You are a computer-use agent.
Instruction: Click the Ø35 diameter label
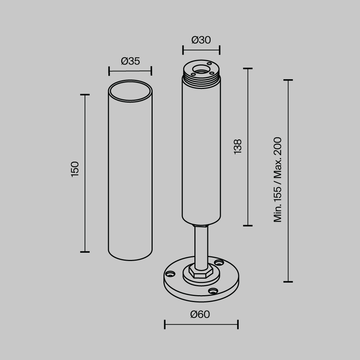click(x=130, y=61)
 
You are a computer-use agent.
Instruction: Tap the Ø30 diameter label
click(x=201, y=40)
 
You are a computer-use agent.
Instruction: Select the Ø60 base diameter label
click(x=200, y=314)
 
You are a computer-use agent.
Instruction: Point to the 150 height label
click(x=75, y=169)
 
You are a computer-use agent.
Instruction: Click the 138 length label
click(x=238, y=147)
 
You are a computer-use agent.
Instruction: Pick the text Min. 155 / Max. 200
click(x=278, y=179)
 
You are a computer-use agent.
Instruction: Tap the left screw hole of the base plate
click(x=170, y=274)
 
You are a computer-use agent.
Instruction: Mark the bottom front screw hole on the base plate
click(x=213, y=291)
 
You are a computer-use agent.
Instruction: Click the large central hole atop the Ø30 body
click(x=201, y=69)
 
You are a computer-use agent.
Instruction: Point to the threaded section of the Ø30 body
click(x=201, y=81)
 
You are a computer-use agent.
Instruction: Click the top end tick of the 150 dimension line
click(x=85, y=95)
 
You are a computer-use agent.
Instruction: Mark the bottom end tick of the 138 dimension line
click(x=248, y=226)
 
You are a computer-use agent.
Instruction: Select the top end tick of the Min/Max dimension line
click(x=288, y=80)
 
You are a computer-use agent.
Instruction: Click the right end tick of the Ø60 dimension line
click(x=238, y=324)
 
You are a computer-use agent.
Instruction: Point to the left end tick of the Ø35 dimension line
click(x=109, y=71)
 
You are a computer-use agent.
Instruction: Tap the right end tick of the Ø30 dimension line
click(x=220, y=50)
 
